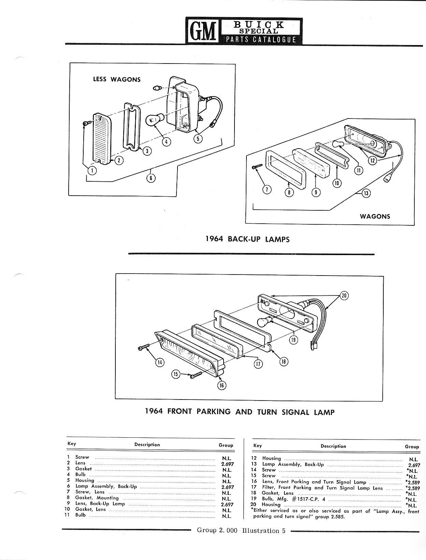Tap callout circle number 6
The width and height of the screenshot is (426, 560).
tap(151, 178)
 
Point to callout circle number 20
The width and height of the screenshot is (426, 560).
tap(344, 296)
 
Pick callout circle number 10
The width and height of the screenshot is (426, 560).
tap(337, 183)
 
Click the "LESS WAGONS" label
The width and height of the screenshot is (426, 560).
tap(117, 79)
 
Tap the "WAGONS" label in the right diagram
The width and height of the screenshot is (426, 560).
tap(375, 216)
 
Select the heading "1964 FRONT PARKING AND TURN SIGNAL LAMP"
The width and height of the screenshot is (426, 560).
tap(240, 411)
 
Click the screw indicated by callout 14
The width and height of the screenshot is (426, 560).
tap(144, 347)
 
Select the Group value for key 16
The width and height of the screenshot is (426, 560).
tap(413, 482)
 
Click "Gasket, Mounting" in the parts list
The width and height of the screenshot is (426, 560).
tap(97, 498)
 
